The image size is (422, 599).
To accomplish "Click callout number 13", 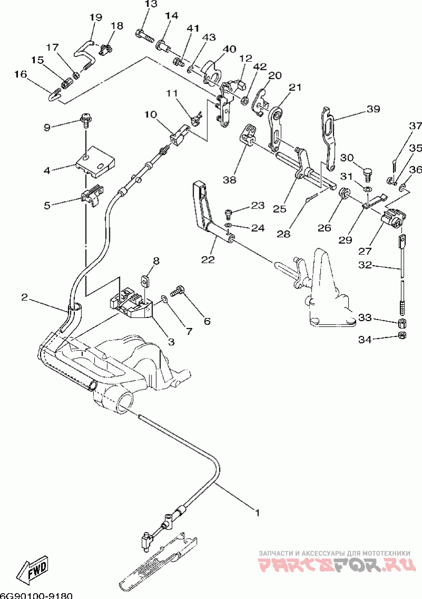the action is coord(151,4).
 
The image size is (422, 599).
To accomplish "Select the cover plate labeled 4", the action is coord(96,162).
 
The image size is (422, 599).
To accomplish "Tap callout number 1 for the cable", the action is coord(257,512).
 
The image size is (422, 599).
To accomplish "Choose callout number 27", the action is coord(365,251).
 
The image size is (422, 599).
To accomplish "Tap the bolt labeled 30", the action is coord(368,174).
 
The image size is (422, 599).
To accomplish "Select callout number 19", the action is coord(96,17).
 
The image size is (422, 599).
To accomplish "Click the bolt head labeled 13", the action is coord(141,33).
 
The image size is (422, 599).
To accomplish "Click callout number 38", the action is coord(229,179).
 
